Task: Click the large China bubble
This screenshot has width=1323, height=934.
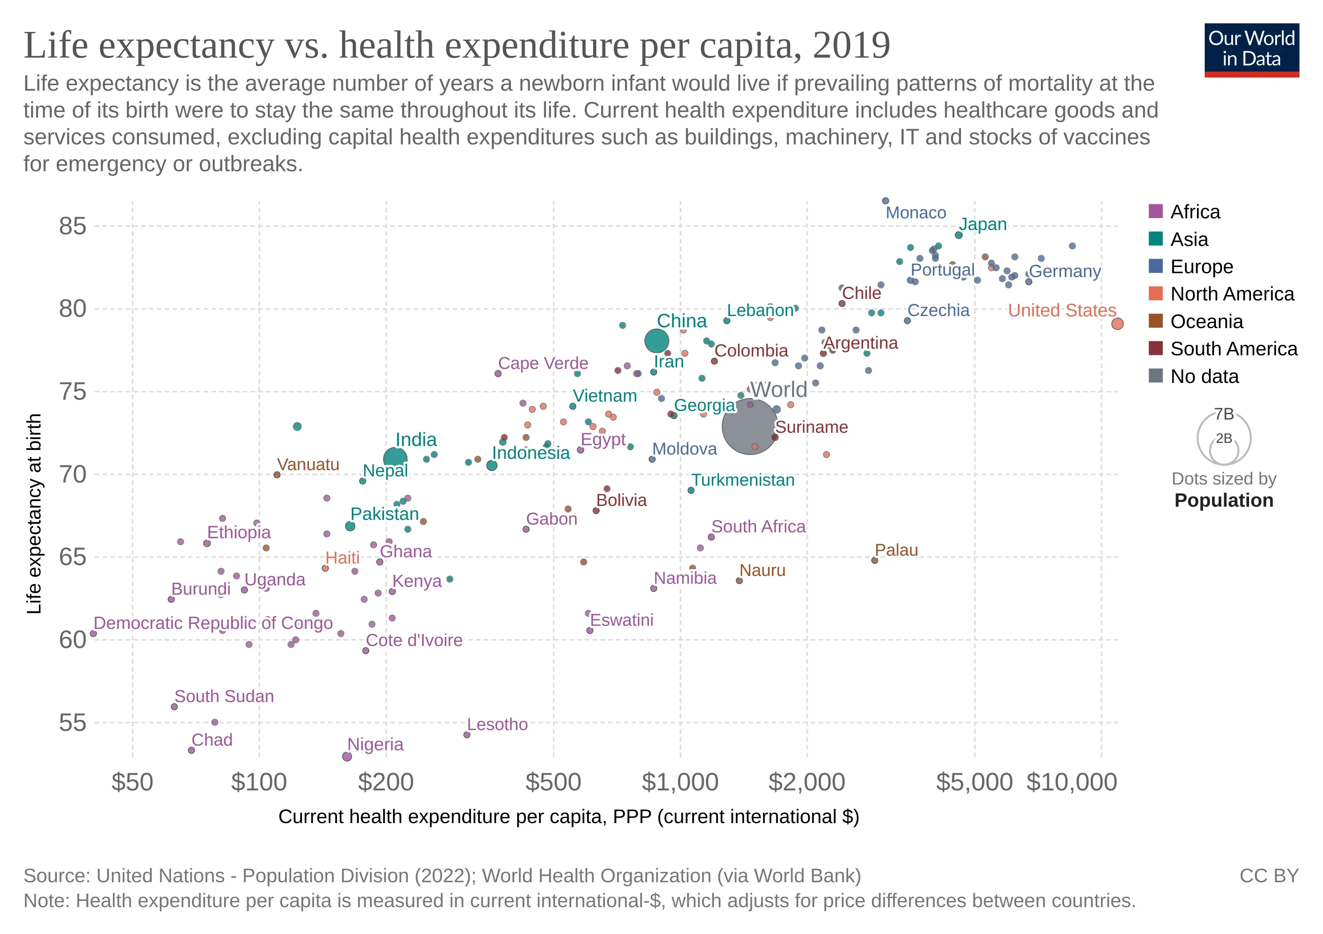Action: point(656,341)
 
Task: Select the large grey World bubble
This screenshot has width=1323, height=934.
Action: point(749,427)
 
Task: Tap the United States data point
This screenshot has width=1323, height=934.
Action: point(1117,324)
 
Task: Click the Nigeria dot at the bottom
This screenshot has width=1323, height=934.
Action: point(347,757)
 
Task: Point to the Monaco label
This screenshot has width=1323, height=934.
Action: point(916,212)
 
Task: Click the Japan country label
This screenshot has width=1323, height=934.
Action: point(983,224)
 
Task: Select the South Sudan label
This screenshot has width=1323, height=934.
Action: point(224,696)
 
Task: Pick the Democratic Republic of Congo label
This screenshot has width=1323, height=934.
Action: point(213,623)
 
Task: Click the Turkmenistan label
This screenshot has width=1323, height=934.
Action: point(743,480)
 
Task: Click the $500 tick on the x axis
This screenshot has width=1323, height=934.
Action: point(553,782)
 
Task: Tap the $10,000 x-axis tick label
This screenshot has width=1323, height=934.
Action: point(1072,782)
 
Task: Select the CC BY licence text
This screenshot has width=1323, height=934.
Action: point(1269,876)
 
